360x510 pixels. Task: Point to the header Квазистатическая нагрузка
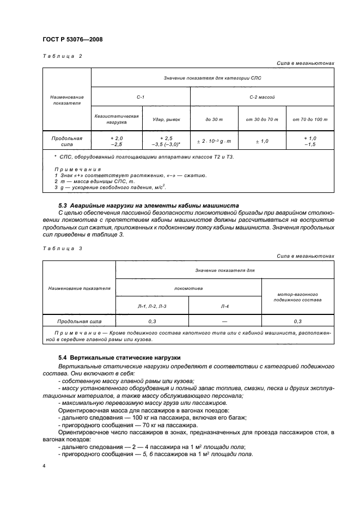116,119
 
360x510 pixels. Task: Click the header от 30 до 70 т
262,119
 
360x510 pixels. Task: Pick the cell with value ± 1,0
262,142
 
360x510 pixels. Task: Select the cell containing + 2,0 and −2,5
116,142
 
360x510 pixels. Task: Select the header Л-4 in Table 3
225,307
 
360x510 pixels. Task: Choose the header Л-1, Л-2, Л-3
152,307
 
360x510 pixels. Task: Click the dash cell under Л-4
225,322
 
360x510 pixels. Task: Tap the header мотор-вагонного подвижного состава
298,296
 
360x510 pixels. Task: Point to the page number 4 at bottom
44,466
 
